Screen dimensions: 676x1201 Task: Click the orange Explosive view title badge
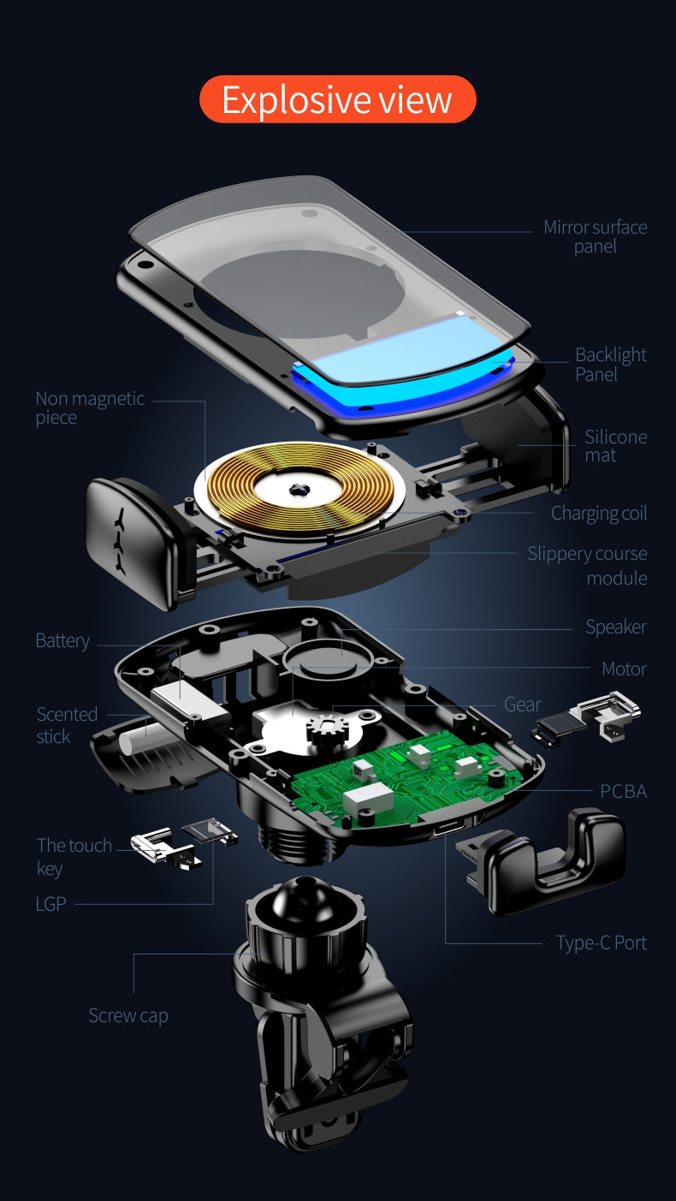coord(338,99)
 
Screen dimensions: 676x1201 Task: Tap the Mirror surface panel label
coord(595,236)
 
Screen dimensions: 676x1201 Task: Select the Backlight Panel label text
coord(611,364)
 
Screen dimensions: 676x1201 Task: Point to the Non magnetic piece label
coord(90,407)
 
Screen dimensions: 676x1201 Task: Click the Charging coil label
coord(599,513)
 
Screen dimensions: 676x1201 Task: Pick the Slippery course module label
coord(587,565)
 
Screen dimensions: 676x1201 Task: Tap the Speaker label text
coord(616,627)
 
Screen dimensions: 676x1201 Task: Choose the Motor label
coord(624,669)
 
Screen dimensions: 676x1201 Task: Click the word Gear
coord(523,705)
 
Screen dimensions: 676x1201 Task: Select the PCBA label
coord(623,791)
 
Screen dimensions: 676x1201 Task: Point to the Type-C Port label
coord(602,942)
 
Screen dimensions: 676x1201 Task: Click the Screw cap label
coord(128,1015)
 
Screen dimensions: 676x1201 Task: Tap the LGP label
coord(51,904)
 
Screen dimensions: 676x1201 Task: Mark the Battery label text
coord(62,640)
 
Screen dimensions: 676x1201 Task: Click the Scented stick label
coord(67,725)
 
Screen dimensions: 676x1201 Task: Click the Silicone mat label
coord(616,445)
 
